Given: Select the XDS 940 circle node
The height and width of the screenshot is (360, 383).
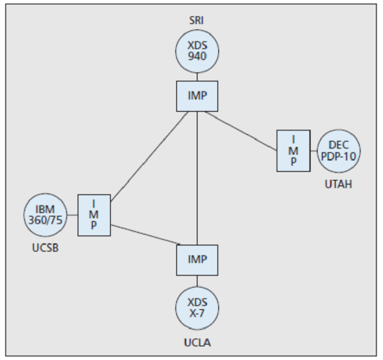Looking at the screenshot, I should (x=196, y=50).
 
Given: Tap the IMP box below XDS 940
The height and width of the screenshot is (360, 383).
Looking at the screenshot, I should (x=196, y=96).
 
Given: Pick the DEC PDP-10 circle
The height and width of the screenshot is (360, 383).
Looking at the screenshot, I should (x=339, y=151).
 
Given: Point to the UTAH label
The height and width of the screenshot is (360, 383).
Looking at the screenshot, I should (x=339, y=184).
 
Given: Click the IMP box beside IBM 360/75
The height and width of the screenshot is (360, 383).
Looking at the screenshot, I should (x=94, y=214).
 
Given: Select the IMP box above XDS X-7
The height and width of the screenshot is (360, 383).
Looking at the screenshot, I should (x=196, y=259).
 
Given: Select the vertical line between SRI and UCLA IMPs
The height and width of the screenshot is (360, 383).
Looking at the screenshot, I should (x=196, y=180).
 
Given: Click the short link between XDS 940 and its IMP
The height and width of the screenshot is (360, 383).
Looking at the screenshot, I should (x=196, y=76).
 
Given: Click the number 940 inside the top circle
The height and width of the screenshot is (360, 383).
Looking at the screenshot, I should (x=196, y=57).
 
